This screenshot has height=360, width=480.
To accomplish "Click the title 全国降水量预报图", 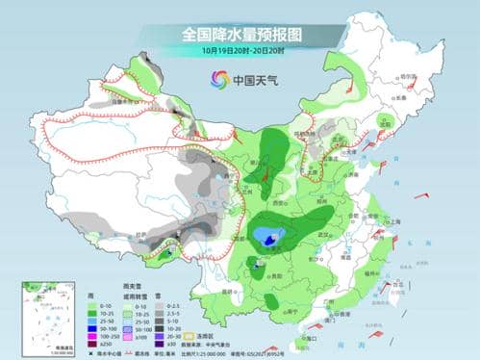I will click(240, 34).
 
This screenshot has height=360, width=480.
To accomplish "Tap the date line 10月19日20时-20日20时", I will click(240, 49).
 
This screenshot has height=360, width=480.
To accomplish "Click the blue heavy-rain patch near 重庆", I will click(263, 238).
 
